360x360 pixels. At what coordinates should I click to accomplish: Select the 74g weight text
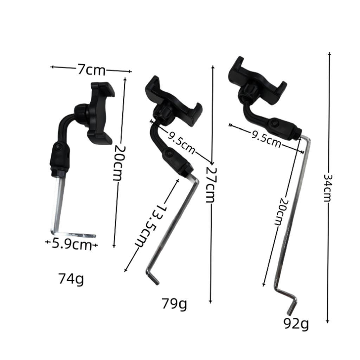[71, 279]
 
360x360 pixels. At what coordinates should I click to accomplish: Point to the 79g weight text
[174, 303]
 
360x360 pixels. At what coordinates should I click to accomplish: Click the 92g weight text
[296, 324]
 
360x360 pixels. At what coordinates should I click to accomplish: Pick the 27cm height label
[210, 184]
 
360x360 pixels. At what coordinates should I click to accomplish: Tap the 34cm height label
[328, 188]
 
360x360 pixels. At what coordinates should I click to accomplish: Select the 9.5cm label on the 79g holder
[181, 142]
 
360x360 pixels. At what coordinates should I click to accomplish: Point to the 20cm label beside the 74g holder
[118, 163]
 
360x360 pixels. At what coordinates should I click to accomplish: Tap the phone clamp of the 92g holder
[257, 81]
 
